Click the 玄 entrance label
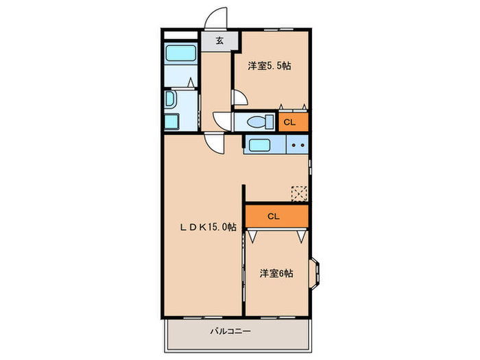pos(219,40)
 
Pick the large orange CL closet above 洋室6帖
pos(274,216)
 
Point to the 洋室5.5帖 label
pos(269,66)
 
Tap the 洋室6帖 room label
pos(276,273)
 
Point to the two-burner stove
pos(298,145)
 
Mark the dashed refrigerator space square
pos(299,193)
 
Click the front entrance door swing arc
pos(217,19)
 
